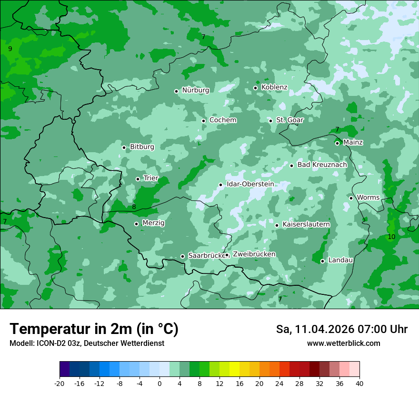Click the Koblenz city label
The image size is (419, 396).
[274, 87]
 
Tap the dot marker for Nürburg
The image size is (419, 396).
[176, 91]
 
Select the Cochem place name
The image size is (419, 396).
[222, 120]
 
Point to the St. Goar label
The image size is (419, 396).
[289, 120]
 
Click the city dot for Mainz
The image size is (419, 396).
[337, 143]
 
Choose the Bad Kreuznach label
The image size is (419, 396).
[322, 165]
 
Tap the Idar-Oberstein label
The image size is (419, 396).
[250, 184]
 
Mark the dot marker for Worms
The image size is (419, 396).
[351, 198]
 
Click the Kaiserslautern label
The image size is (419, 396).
[306, 224]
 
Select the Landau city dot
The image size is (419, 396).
[322, 261]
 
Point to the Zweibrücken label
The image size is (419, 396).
[254, 254]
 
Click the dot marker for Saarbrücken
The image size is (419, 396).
[182, 256]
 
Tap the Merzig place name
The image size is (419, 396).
[153, 223]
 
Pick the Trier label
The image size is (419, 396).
[150, 178]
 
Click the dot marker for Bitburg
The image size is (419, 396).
[124, 147]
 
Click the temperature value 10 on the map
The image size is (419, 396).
[391, 237]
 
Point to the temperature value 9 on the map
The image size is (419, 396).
[10, 49]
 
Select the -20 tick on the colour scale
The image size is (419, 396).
[60, 383]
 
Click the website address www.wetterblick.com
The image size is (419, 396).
[343, 344]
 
